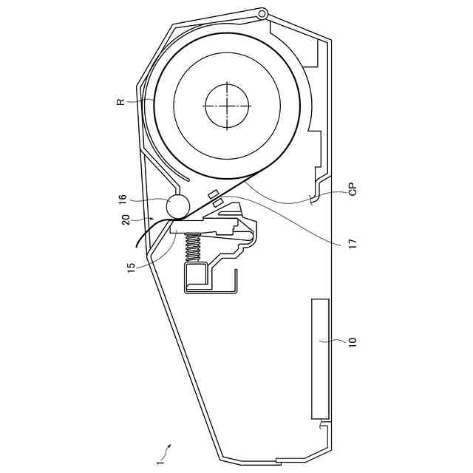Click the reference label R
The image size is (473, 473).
pyautogui.click(x=120, y=101)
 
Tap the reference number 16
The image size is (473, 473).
pyautogui.click(x=123, y=200)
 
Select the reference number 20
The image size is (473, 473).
pyautogui.click(x=126, y=220)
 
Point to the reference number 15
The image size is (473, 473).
pyautogui.click(x=132, y=268)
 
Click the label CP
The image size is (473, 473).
pyautogui.click(x=353, y=189)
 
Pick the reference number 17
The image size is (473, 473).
pyautogui.click(x=353, y=242)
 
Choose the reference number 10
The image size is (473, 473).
pyautogui.click(x=353, y=341)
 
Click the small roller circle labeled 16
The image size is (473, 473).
pyautogui.click(x=177, y=206)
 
